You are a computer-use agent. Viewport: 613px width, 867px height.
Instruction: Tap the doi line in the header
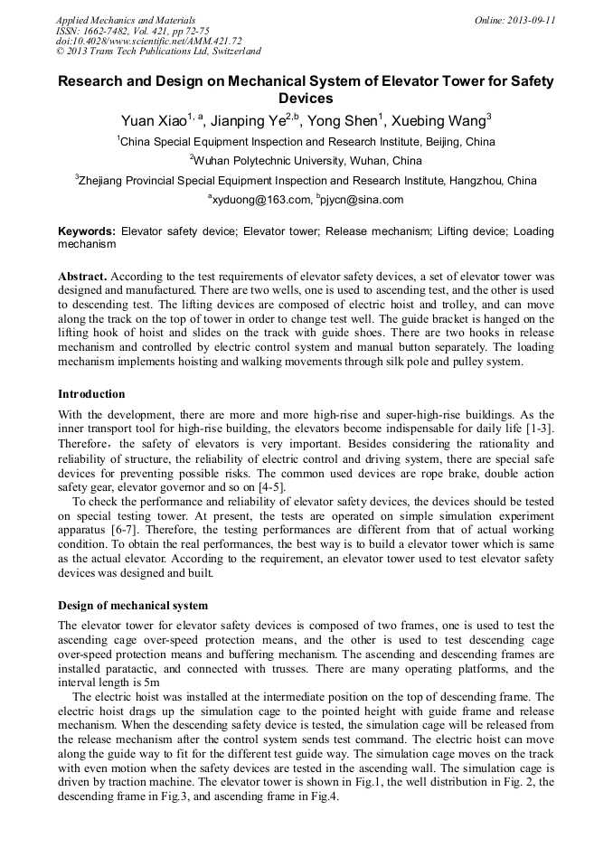click(149, 41)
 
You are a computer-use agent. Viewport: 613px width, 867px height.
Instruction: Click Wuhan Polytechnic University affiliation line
click(306, 161)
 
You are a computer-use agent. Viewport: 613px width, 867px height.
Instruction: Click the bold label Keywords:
click(87, 231)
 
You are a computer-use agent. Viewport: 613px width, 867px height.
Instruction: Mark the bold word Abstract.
click(83, 275)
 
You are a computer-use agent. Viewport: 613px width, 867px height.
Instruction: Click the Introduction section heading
click(91, 394)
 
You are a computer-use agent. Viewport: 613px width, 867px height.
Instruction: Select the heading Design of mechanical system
click(133, 605)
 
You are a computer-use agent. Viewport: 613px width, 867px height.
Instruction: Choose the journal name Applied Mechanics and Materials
click(126, 20)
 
